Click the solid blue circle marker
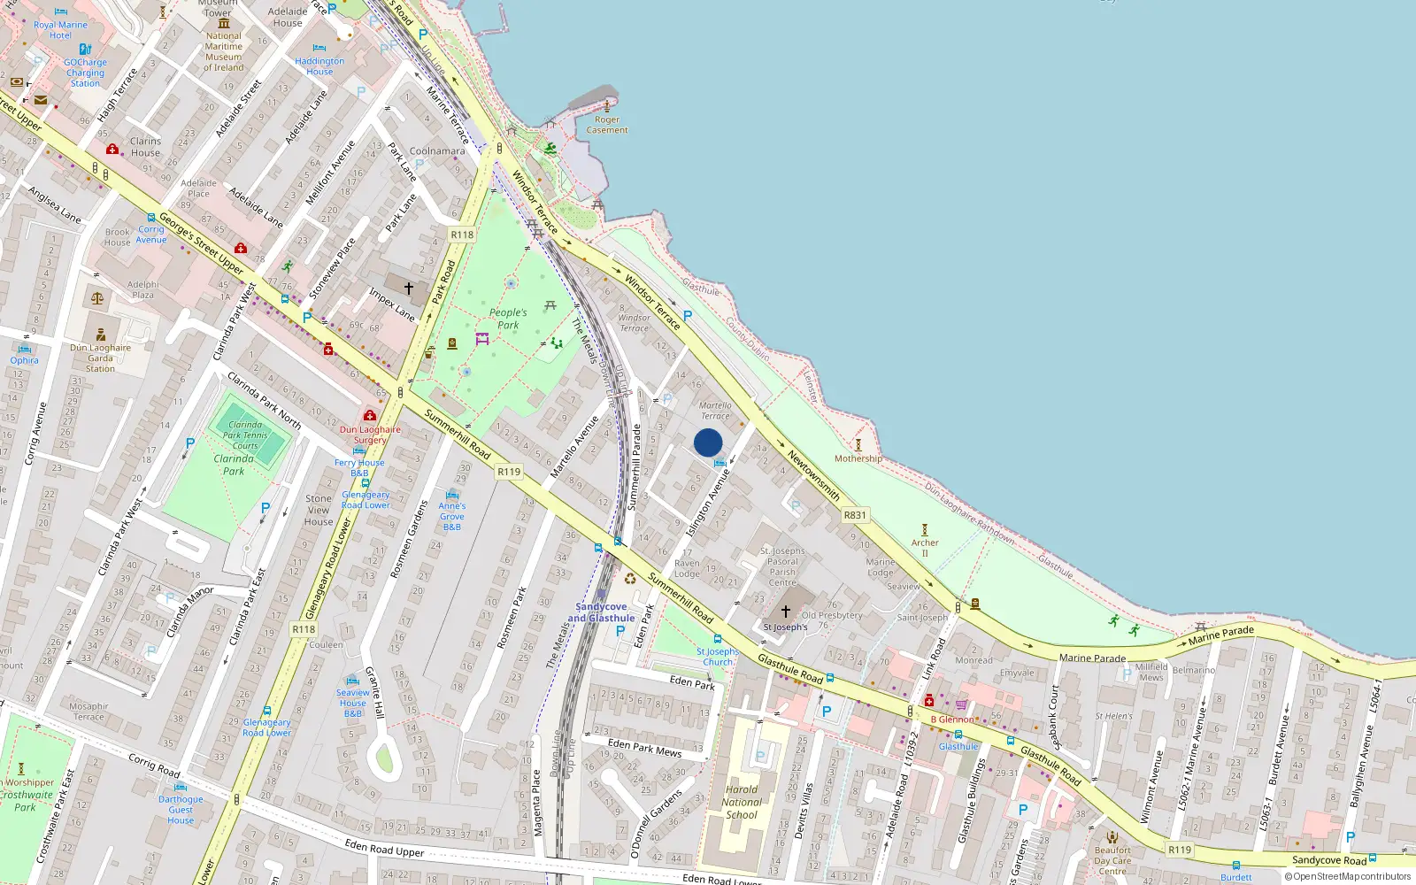coord(708,442)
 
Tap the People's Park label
coord(508,319)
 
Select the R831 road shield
coord(855,515)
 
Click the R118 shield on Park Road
coord(462,235)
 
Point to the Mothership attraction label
coord(858,458)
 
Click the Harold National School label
coord(742,802)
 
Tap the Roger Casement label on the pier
coord(607,125)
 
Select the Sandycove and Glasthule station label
coord(601,612)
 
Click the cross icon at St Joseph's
coord(785,612)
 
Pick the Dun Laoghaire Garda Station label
coord(100,358)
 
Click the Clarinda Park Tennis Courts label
coord(245,435)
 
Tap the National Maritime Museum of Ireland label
coord(224,51)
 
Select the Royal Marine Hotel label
coord(60,30)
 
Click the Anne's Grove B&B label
coord(451,516)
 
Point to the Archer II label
coord(925,548)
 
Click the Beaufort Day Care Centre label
coord(1112,860)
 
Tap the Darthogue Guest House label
coord(181,810)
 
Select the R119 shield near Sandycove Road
coord(1180,850)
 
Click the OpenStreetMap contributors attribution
coord(1348,877)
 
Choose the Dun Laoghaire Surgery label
coord(370,435)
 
